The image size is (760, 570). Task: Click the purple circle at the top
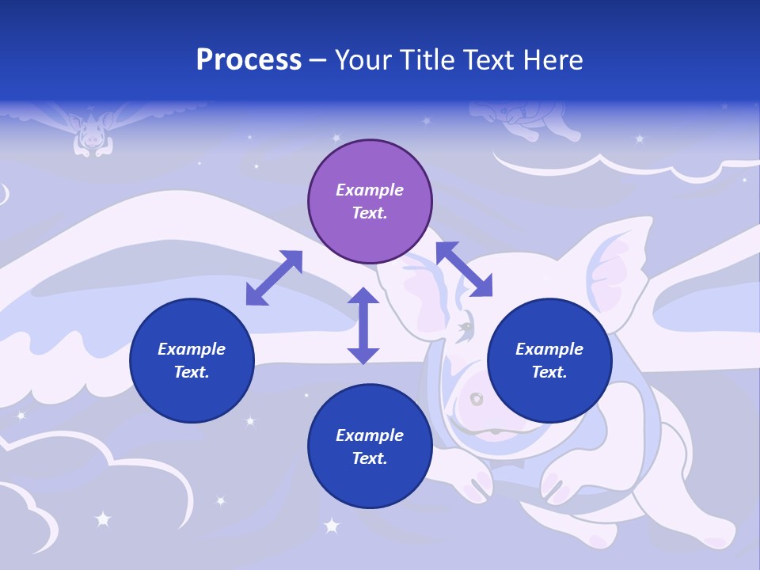point(370,201)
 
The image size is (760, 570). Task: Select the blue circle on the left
point(192,360)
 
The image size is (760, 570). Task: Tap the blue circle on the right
point(549,360)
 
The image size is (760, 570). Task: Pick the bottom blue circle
point(370,446)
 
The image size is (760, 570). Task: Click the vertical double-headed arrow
point(363,325)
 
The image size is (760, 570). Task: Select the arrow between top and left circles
point(274,278)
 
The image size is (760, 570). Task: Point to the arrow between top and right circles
point(464,269)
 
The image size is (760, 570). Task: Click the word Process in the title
point(249,59)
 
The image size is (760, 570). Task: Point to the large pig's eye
point(466,326)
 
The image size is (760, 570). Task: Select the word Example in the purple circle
point(370,190)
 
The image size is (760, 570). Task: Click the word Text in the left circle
point(191,372)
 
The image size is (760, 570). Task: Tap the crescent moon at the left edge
point(4,193)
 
